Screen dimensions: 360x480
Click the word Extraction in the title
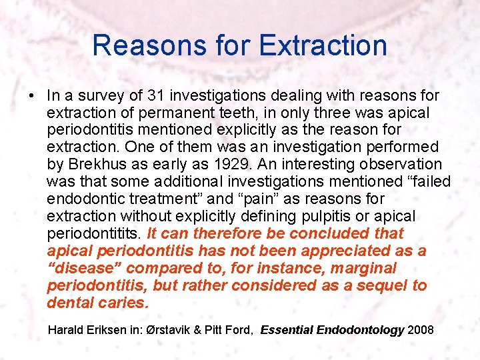click(x=323, y=45)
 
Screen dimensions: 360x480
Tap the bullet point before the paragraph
click(x=32, y=95)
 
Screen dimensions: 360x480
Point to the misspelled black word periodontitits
click(x=94, y=233)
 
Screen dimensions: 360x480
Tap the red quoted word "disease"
click(x=84, y=268)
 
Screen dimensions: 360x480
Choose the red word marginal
click(x=364, y=268)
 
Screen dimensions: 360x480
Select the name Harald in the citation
click(x=67, y=330)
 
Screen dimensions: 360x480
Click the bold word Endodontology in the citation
click(x=365, y=330)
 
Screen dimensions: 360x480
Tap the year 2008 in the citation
click(x=420, y=330)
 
